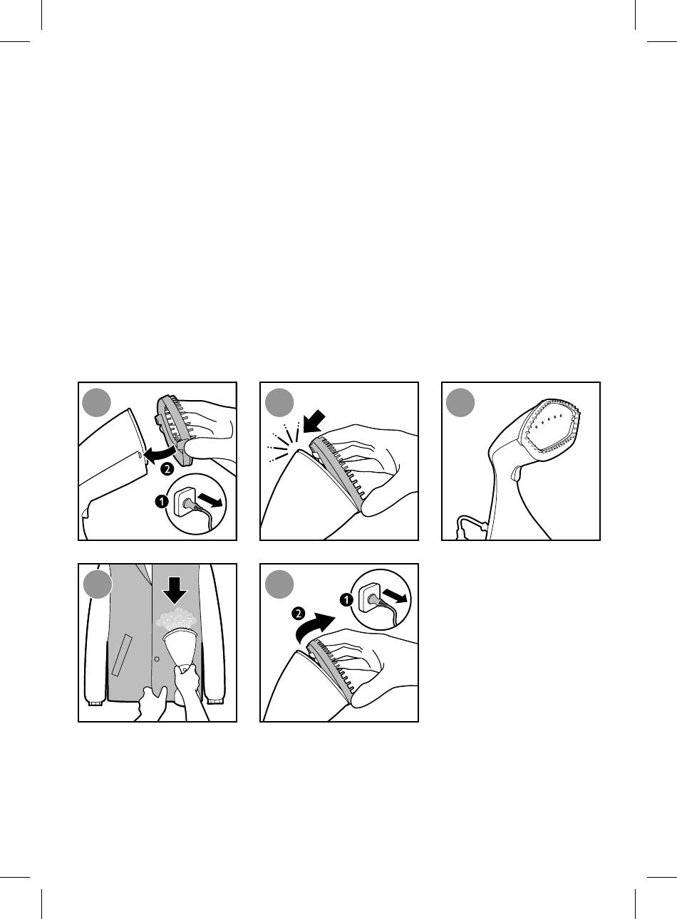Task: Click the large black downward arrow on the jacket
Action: [x=175, y=590]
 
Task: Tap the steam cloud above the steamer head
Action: [x=175, y=621]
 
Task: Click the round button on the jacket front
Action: [x=157, y=659]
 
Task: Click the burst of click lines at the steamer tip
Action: [x=283, y=441]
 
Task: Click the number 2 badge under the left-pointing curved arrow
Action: [x=167, y=469]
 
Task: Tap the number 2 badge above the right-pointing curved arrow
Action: [x=299, y=614]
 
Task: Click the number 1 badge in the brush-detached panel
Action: [x=162, y=501]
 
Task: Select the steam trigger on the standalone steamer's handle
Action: [x=515, y=474]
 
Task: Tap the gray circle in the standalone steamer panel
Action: [x=460, y=402]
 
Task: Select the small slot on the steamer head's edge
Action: [x=140, y=455]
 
